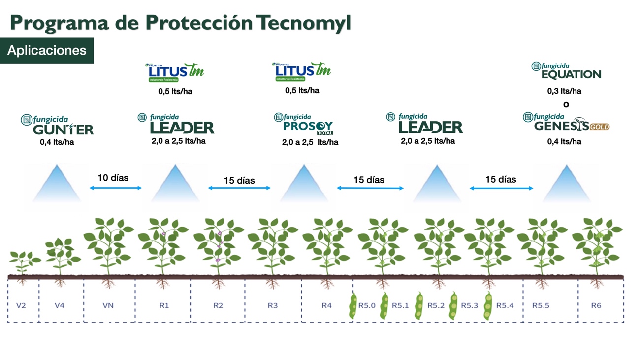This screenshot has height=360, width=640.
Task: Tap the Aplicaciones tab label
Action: pyautogui.click(x=47, y=50)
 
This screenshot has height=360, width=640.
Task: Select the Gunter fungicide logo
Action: pyautogui.click(x=58, y=126)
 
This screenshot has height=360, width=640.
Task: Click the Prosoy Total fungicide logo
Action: pyautogui.click(x=304, y=125)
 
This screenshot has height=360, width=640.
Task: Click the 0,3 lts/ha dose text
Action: pyautogui.click(x=564, y=91)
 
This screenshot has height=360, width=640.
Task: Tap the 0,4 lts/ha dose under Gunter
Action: pyautogui.click(x=57, y=143)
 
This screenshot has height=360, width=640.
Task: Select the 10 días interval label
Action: pyautogui.click(x=113, y=178)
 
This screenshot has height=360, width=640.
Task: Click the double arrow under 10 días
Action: pyautogui.click(x=116, y=188)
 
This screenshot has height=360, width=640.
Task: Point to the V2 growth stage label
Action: pyautogui.click(x=21, y=305)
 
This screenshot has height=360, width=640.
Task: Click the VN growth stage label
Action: pyautogui.click(x=108, y=305)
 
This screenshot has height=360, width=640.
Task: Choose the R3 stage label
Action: pyautogui.click(x=272, y=305)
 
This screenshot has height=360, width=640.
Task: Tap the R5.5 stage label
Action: pyautogui.click(x=541, y=305)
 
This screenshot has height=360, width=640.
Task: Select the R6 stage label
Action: pyautogui.click(x=596, y=305)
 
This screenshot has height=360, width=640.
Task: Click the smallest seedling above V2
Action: pyautogui.click(x=22, y=261)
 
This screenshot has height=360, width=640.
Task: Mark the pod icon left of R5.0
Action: pyautogui.click(x=352, y=306)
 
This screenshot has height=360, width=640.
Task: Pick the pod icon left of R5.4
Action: pyautogui.click(x=487, y=306)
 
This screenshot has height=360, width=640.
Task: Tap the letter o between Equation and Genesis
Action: pyautogui.click(x=566, y=104)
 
